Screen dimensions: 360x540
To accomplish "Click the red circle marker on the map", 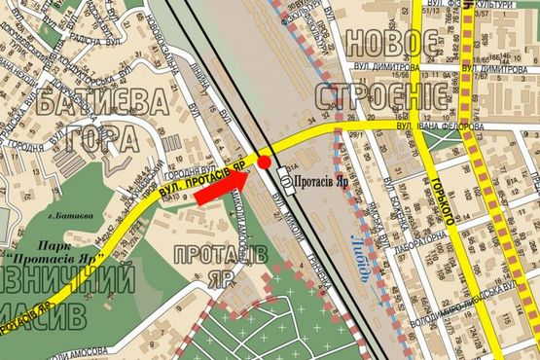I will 264,162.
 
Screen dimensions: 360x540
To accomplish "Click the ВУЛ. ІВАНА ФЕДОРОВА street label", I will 437,126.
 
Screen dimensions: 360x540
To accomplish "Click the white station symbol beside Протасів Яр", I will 284,177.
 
